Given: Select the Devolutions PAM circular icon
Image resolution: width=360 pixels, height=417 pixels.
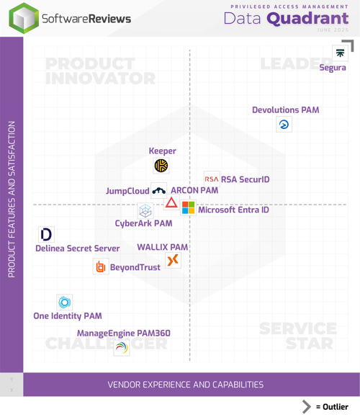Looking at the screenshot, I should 284,125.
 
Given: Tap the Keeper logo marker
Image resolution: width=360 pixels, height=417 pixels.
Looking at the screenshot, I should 161,166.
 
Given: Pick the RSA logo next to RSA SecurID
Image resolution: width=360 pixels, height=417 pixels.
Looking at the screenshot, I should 212,179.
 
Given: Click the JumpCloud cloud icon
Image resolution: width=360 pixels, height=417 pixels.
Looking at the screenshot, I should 158,191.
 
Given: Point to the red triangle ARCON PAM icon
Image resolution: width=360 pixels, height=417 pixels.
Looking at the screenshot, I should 171,202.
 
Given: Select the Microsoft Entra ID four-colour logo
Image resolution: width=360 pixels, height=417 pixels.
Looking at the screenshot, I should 188,208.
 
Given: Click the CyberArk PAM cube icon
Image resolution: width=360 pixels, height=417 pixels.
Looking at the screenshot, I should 145,211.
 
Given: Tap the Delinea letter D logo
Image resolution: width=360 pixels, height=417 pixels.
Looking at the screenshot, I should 46,234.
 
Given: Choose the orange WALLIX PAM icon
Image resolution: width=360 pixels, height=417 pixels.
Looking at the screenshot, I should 173,260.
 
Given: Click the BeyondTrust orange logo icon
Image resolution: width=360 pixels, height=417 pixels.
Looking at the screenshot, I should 101,267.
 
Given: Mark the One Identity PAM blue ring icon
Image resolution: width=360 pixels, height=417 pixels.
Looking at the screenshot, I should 65,302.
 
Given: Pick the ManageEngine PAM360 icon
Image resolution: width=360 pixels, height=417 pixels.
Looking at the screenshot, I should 122,348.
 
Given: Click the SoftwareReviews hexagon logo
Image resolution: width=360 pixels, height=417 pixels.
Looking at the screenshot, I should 24,18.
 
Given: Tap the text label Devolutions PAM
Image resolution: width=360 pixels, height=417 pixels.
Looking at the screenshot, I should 285,110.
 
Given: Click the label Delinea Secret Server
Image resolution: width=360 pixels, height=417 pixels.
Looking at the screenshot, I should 78,248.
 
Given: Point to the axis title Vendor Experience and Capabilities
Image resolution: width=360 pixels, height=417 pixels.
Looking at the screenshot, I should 186,385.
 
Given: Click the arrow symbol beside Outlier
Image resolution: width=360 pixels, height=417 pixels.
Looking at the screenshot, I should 307,406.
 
